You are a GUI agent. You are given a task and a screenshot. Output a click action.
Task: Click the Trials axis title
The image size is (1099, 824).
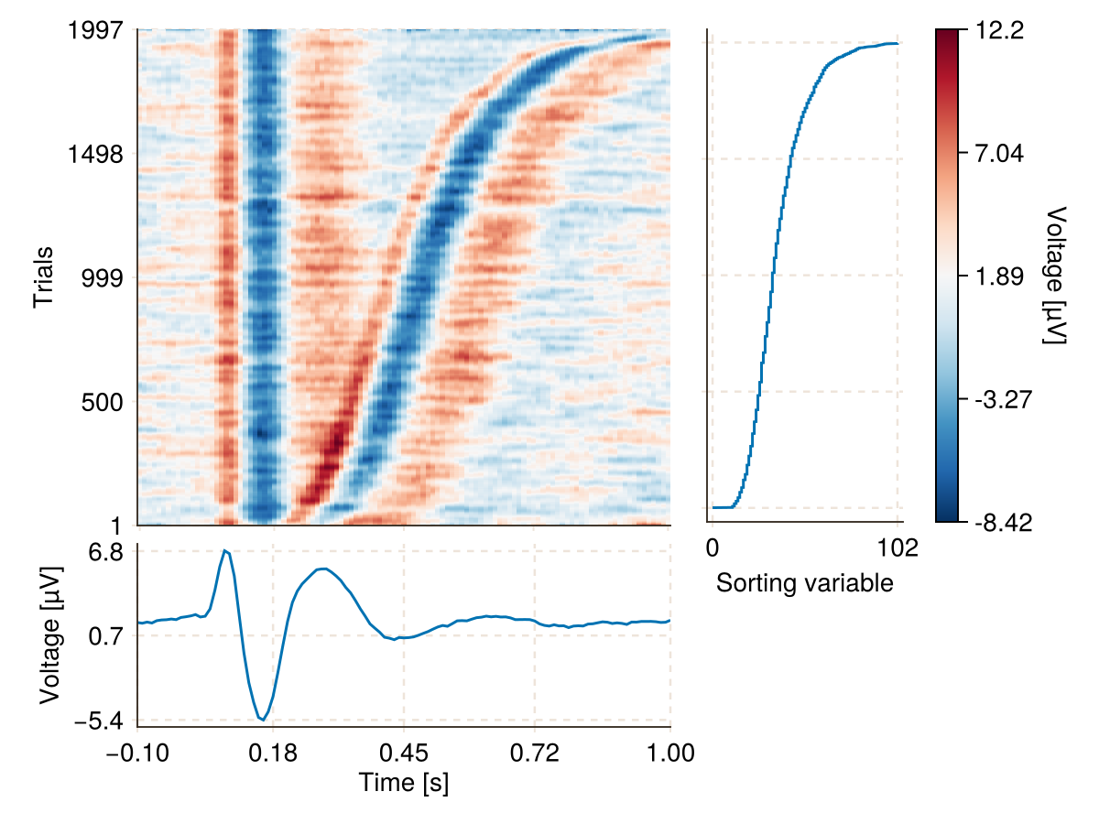click(x=43, y=277)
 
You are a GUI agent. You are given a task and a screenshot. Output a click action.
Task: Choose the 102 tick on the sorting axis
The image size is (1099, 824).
click(x=898, y=548)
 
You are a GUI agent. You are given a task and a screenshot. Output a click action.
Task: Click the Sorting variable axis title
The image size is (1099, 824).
click(x=804, y=583)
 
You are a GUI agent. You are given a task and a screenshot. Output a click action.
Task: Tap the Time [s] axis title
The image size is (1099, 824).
click(x=404, y=783)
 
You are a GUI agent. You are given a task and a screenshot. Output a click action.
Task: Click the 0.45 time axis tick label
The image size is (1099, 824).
click(x=404, y=754)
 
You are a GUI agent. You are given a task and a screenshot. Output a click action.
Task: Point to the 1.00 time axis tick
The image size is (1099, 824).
click(x=670, y=754)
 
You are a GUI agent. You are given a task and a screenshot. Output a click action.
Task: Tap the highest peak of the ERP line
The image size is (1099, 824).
click(x=224, y=550)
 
